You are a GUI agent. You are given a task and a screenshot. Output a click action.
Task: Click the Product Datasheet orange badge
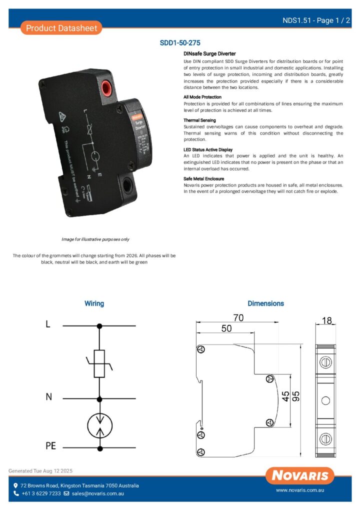pos(61,28)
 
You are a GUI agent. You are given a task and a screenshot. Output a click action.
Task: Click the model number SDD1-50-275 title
pos(180,43)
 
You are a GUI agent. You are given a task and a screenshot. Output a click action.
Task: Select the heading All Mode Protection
pos(202,97)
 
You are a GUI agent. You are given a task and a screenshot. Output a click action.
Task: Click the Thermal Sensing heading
pos(200,120)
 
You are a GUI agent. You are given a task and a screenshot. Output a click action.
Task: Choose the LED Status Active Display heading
pos(208,149)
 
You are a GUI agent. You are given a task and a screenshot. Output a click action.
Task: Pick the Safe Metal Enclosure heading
pos(204,178)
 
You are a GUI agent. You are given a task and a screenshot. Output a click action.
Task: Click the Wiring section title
pos(94,303)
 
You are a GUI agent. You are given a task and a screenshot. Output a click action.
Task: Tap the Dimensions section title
pos(265,303)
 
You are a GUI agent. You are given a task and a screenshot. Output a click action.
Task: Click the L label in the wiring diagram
pos(48,324)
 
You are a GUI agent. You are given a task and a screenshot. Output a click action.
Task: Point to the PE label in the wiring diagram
pos(50,445)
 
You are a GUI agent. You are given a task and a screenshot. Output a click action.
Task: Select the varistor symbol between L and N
pos(100,363)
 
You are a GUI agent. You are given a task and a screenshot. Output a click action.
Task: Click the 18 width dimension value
pos(327,320)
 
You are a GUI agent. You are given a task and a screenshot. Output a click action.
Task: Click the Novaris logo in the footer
pos(300,475)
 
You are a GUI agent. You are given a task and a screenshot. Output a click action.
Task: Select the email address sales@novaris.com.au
pos(97,493)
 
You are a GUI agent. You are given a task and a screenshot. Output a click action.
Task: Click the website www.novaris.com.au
pos(300,491)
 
